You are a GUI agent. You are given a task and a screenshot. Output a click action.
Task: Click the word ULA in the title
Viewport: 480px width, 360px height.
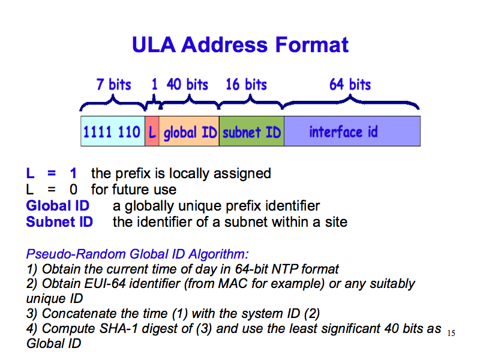coord(154,45)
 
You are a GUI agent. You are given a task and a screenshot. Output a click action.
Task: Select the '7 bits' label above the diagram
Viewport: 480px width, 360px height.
coord(113,85)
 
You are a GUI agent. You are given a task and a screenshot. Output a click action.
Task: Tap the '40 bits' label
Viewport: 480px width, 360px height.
coord(187,85)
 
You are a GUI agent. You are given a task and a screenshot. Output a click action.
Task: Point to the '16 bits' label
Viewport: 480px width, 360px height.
coord(247,85)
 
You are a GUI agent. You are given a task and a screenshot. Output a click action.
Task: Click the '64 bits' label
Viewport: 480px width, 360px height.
coord(350,85)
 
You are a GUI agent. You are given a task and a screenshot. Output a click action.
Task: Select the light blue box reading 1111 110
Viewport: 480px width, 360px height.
coord(113,131)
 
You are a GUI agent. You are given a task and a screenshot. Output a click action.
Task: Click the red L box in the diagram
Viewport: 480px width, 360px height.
coord(152,131)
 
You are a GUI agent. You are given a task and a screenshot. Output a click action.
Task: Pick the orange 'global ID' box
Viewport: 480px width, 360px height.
coord(189,131)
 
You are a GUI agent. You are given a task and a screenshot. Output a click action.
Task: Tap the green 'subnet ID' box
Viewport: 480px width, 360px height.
coord(251,131)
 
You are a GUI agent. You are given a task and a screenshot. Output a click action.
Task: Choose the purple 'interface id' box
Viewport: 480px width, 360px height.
coord(352,131)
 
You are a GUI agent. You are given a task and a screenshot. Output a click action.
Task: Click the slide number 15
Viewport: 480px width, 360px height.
coord(451,333)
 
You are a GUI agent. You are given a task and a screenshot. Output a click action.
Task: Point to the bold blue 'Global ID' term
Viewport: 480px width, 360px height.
coord(58,206)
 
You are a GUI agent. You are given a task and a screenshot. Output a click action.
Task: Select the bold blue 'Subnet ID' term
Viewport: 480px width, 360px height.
coord(59,222)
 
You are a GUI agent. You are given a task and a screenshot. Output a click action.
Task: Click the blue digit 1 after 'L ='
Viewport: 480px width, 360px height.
coord(73,173)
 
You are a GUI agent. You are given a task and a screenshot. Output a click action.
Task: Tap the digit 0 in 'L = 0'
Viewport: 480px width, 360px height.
coord(73,190)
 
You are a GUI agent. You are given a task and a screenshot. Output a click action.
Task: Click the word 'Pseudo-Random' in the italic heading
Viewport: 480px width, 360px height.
coord(76,254)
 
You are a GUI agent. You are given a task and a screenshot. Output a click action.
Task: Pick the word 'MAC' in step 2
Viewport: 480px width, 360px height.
coord(233,284)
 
